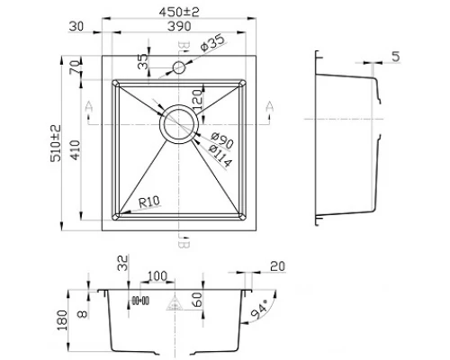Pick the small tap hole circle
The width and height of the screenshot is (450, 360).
click(179, 67)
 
